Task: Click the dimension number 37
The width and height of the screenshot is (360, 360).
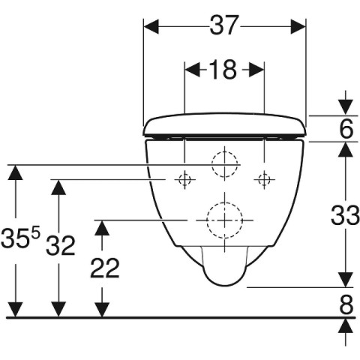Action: click(x=223, y=25)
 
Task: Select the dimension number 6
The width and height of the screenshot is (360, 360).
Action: click(x=346, y=128)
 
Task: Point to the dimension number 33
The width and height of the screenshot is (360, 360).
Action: click(x=345, y=215)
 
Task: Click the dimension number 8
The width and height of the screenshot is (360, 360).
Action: click(x=346, y=304)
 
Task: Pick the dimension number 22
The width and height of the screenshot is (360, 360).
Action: click(x=105, y=268)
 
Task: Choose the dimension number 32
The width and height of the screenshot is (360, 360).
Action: click(x=61, y=246)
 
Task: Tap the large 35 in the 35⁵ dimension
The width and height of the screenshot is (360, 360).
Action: click(x=15, y=238)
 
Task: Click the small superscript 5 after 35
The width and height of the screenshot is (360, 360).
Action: click(x=35, y=234)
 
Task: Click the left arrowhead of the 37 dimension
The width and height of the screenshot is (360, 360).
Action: click(x=151, y=26)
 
